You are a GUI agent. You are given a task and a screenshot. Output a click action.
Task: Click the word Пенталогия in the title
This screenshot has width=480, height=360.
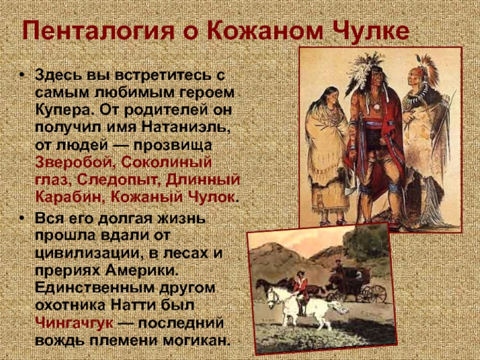[x=98, y=31]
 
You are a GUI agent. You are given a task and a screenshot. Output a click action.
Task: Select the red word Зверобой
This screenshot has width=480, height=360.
[x=74, y=162]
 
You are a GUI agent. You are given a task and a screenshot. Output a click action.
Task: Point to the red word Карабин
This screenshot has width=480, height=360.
[x=68, y=197]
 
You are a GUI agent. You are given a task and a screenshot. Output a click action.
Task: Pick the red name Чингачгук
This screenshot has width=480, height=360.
[x=74, y=323]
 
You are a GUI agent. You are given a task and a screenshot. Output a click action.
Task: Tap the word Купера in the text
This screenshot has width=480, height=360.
[x=64, y=110]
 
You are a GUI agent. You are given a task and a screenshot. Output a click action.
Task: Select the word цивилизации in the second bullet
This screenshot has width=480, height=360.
[x=86, y=254]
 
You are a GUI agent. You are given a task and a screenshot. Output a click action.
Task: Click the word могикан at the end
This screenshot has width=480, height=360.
[x=196, y=340]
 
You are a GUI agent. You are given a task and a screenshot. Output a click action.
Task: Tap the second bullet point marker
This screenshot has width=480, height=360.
[x=21, y=218]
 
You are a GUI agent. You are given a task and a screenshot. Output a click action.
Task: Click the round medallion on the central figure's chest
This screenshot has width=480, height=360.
[x=376, y=107]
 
